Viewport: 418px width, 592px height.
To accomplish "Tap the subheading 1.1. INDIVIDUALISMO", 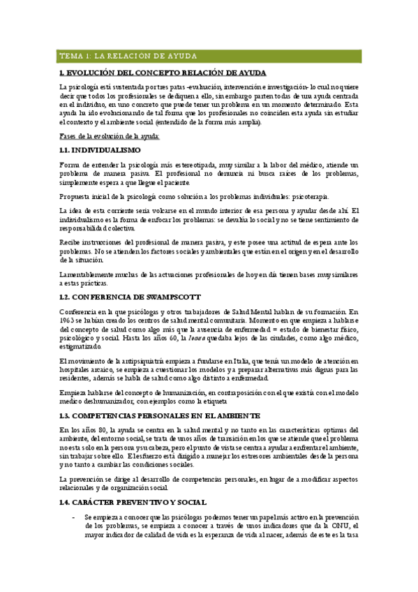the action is click(100, 150).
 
